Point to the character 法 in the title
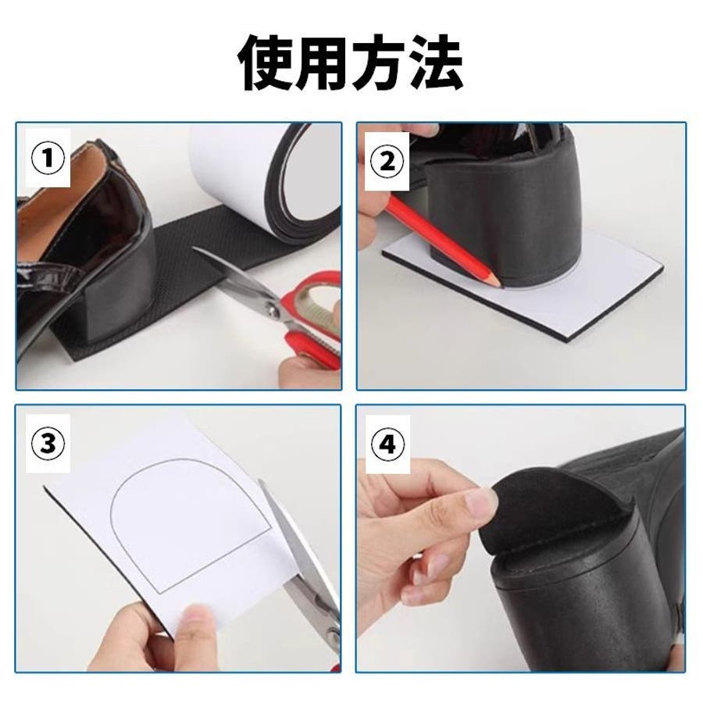[435, 62]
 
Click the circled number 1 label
[48, 158]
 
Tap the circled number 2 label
[387, 161]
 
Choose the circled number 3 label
[48, 443]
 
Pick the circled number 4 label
[387, 444]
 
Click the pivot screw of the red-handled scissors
[270, 309]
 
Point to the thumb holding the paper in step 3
[198, 637]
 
